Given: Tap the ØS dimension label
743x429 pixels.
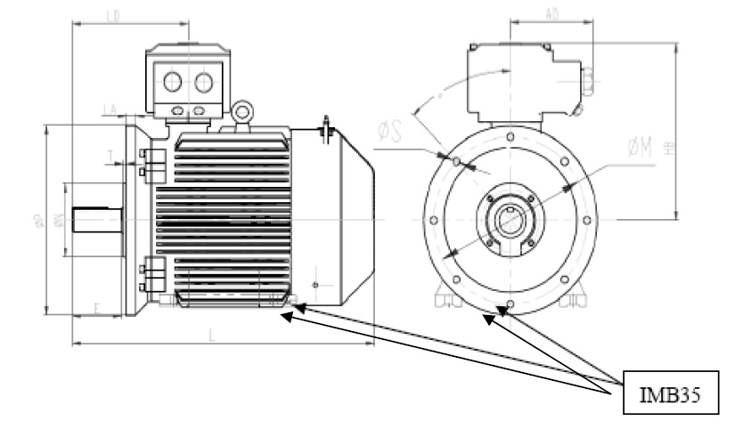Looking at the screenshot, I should (388, 134).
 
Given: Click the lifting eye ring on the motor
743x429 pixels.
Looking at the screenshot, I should (240, 113).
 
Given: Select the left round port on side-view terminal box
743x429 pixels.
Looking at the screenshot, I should (172, 83).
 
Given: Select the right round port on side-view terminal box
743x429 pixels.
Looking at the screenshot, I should (204, 83).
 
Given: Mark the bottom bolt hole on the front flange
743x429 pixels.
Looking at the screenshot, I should (509, 308).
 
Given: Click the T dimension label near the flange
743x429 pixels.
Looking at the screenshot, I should (110, 157).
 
